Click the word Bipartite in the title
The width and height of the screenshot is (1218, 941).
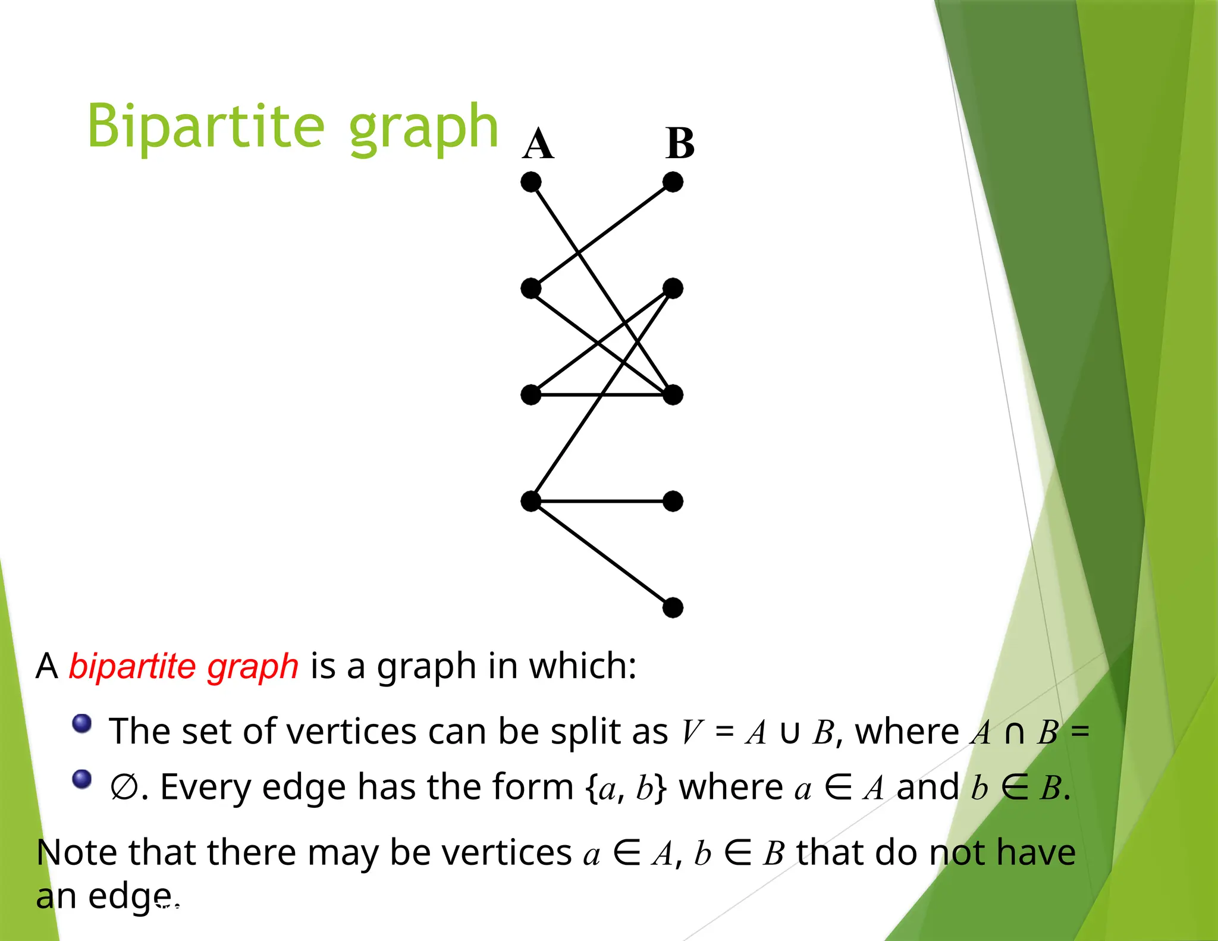206,126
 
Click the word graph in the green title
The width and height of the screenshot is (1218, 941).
423,128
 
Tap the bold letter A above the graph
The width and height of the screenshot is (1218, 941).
538,144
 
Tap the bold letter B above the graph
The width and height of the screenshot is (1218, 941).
680,143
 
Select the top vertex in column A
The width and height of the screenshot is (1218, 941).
531,182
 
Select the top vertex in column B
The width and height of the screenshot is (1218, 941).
673,182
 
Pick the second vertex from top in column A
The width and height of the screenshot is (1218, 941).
531,288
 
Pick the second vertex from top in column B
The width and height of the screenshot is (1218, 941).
673,288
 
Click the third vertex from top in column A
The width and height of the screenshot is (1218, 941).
531,395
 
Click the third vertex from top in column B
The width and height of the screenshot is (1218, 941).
673,395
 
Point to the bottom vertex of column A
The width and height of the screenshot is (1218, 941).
531,501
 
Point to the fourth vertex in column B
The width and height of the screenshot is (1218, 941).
673,501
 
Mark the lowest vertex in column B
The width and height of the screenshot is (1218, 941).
673,608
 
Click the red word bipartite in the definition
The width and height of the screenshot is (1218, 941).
133,666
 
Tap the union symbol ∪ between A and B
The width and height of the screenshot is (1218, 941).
789,732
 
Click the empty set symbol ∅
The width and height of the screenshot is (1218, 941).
124,788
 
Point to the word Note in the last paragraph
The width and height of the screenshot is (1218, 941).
77,852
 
